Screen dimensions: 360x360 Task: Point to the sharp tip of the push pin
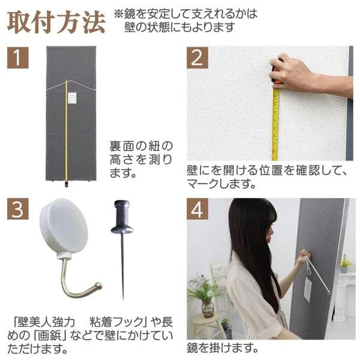tap(123, 298)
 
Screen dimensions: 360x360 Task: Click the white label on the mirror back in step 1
tap(72, 97)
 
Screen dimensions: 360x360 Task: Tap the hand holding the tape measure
tap(294, 72)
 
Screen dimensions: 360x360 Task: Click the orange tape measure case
tap(277, 75)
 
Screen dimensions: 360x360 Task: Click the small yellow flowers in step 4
tap(345, 262)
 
